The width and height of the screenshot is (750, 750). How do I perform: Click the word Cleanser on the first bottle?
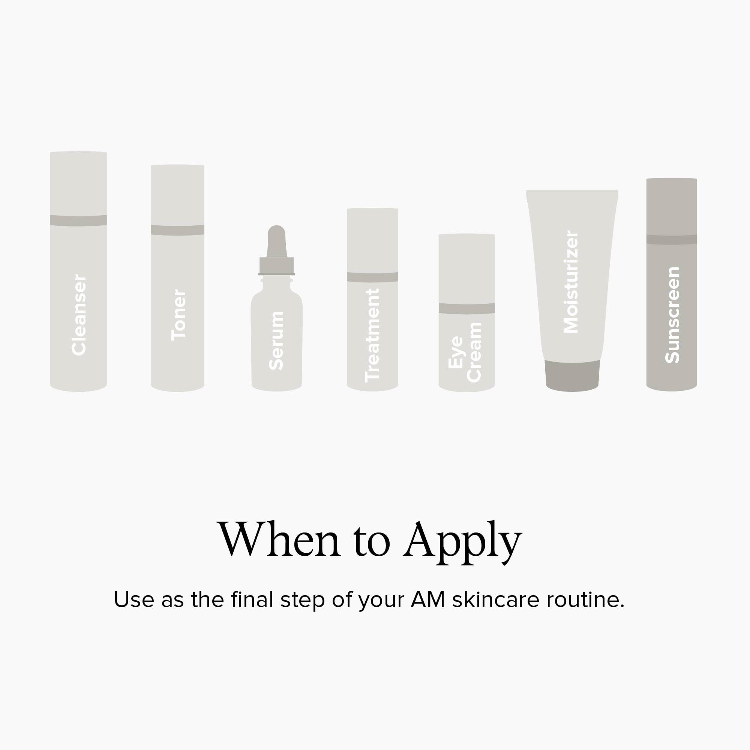click(x=79, y=315)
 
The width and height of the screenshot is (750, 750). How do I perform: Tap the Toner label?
click(x=179, y=315)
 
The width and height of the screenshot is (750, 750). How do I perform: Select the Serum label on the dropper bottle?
click(x=276, y=340)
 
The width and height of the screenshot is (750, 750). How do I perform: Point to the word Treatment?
click(x=372, y=335)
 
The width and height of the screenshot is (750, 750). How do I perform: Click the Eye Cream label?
click(x=465, y=352)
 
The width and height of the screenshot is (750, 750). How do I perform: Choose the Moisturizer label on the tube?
click(x=571, y=282)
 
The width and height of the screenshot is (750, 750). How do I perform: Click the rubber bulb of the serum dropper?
click(x=277, y=241)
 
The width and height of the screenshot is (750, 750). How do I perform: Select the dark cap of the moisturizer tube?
click(x=572, y=375)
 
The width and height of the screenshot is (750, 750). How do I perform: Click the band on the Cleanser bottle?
click(x=78, y=220)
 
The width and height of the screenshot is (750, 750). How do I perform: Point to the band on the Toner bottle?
click(x=177, y=230)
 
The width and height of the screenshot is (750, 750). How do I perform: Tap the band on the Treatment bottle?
click(x=372, y=277)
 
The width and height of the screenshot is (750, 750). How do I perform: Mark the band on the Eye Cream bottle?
click(x=466, y=309)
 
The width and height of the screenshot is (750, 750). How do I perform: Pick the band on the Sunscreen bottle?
click(x=672, y=240)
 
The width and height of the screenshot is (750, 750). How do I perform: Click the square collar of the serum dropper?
click(x=277, y=266)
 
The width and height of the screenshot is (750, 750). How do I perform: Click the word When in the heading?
click(x=279, y=540)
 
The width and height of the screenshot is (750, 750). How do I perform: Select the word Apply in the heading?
click(x=463, y=542)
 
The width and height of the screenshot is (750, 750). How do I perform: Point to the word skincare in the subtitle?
click(x=496, y=599)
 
